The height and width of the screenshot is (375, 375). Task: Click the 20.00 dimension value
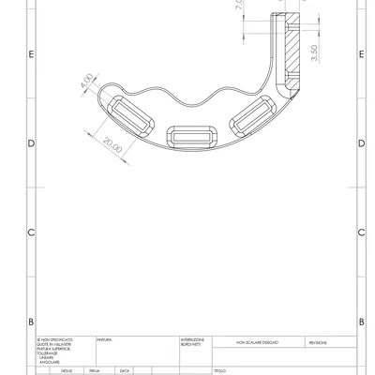point(113,145)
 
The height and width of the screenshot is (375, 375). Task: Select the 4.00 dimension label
point(87,82)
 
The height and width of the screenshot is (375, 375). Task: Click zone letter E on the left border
point(32,54)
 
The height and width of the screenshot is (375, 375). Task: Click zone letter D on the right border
point(361,143)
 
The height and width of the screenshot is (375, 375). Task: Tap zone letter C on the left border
point(32,232)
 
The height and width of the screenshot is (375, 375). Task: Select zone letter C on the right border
point(361,232)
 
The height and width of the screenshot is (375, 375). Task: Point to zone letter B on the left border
point(32,321)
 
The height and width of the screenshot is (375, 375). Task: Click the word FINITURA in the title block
point(105,339)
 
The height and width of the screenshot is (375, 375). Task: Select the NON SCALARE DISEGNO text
point(256,344)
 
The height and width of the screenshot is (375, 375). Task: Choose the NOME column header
point(67,371)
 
